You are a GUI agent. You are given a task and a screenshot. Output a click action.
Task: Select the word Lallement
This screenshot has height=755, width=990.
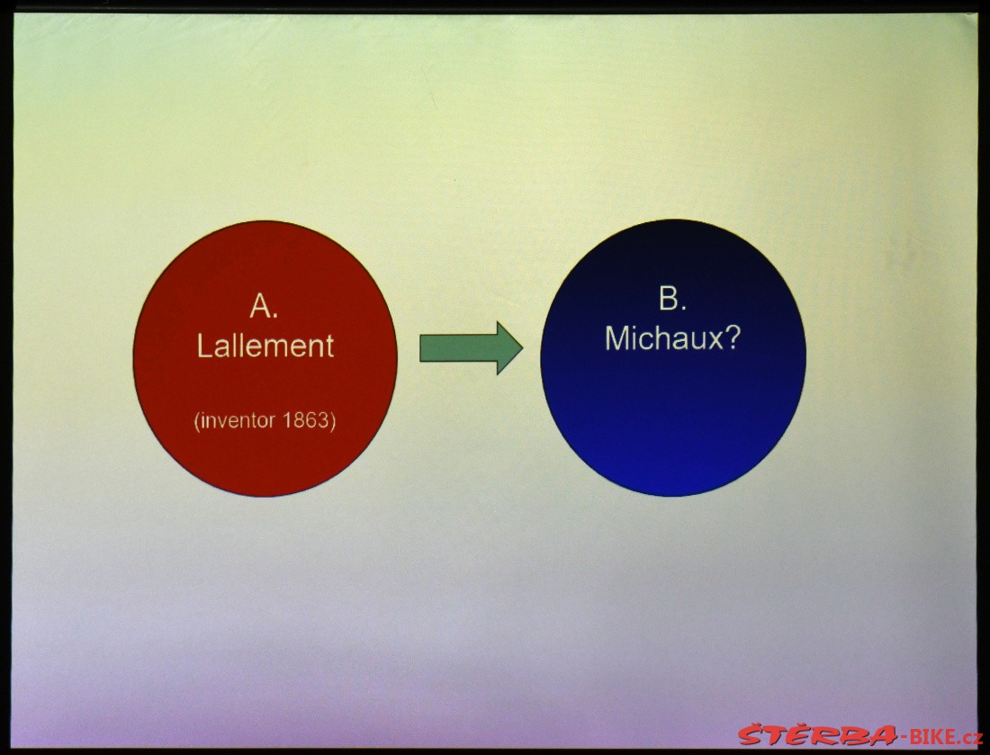coord(265,346)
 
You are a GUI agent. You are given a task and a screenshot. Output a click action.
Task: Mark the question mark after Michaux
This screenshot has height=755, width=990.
coord(733,338)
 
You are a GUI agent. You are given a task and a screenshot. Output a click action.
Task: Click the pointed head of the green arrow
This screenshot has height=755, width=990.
coord(509,348)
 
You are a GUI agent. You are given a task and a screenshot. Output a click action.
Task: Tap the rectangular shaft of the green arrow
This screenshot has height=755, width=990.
coord(458,348)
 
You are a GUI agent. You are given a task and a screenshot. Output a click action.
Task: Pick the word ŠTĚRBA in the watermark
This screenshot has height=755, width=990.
coord(817,735)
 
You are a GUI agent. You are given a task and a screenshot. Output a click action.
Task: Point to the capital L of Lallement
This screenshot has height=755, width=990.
coord(204,346)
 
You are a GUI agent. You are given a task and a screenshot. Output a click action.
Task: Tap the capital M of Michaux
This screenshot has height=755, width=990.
coord(616,338)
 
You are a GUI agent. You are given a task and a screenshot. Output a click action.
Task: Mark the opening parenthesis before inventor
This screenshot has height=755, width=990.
coord(197,421)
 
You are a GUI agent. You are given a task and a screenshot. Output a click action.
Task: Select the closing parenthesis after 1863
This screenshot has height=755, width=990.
coord(332,421)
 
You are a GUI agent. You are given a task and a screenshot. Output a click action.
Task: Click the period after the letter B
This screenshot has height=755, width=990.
coord(684,308)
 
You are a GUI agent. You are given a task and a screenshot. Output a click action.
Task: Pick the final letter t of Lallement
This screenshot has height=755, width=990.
coord(328,347)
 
